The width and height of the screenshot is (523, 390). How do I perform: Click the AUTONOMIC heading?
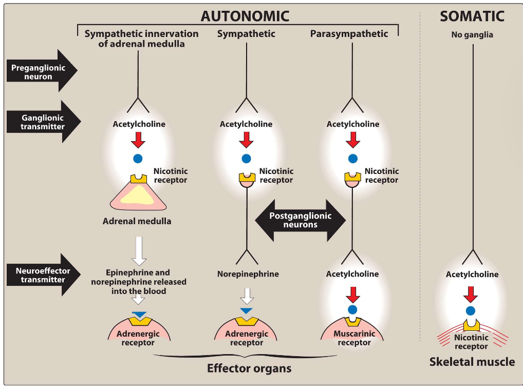[x=245, y=16]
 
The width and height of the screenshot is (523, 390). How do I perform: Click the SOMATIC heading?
[x=472, y=16]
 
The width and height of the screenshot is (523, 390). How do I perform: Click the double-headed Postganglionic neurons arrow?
[x=301, y=220]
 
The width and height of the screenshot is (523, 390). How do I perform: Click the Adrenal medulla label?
[x=137, y=221]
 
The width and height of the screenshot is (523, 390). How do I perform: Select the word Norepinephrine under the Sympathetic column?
[x=248, y=274]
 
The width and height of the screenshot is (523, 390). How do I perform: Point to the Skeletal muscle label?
[x=472, y=362]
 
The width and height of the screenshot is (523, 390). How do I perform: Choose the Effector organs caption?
[x=249, y=368]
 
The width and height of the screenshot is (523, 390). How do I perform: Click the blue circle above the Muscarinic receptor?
[x=352, y=309]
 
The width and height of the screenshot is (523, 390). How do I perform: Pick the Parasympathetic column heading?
[x=349, y=34]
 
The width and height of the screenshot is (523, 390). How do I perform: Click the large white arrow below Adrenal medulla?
[x=139, y=250]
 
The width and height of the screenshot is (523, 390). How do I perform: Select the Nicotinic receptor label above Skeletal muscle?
[x=471, y=342]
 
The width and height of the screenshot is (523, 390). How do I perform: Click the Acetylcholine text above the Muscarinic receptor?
[x=352, y=274]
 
